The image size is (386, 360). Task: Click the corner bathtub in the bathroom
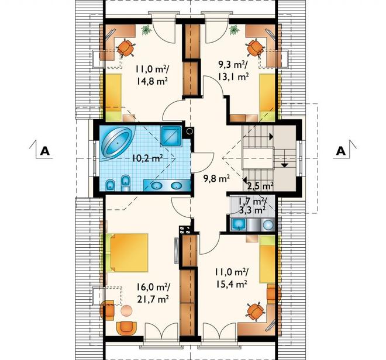(118, 143)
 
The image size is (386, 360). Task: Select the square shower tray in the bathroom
(171, 136)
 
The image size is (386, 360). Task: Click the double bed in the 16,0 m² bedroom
(127, 252)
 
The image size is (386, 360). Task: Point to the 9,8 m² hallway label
(216, 178)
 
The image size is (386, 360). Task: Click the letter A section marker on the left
(45, 151)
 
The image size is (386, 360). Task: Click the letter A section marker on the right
(341, 151)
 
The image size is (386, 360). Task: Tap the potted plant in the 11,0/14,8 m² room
(146, 30)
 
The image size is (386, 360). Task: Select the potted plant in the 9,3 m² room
(234, 30)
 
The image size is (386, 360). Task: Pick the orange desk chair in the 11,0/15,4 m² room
(255, 311)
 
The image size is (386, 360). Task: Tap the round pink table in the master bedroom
(127, 310)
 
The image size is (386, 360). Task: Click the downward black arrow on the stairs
(284, 165)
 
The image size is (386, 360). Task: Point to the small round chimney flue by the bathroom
(189, 131)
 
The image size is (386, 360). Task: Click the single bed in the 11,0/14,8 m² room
(113, 97)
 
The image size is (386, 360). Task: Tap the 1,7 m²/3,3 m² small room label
(251, 205)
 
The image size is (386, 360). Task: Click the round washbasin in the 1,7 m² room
(268, 225)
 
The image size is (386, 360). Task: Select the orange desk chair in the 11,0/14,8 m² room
(126, 48)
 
